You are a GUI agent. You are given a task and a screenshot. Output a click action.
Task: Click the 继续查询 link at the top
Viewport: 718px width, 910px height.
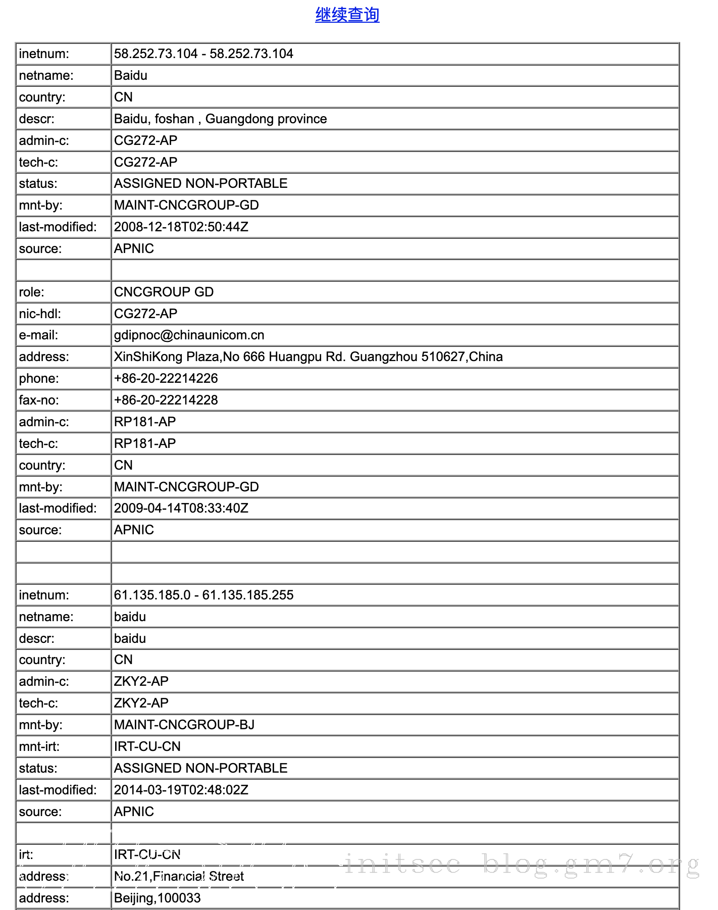347,15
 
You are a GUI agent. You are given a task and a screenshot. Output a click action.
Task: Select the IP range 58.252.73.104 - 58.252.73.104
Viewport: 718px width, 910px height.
203,54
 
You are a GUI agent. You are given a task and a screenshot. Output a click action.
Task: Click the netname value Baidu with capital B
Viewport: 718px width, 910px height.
131,76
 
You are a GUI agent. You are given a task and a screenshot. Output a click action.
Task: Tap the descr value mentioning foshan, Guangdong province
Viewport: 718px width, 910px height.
220,119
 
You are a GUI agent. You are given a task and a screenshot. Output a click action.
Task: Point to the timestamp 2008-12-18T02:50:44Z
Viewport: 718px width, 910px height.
181,227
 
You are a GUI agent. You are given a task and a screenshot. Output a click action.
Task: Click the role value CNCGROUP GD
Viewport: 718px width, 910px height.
164,292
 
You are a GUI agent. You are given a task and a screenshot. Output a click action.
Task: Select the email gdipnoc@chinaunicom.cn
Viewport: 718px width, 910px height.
189,335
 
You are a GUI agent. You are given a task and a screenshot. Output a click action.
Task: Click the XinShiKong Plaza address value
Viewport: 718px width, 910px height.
308,357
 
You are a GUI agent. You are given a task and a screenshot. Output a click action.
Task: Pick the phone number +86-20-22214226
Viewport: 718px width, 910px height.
166,379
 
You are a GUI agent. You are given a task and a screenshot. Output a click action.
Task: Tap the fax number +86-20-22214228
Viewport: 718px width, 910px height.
166,400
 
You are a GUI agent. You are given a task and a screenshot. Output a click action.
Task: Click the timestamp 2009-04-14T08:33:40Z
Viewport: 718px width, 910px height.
181,509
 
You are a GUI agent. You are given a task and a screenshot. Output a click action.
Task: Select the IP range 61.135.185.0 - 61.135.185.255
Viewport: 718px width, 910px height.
203,595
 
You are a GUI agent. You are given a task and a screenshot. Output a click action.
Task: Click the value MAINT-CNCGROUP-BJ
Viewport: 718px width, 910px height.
184,725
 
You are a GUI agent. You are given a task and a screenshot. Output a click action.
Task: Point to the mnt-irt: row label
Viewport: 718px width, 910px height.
39,747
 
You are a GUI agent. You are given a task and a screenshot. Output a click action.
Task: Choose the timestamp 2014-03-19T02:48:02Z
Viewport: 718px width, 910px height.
181,790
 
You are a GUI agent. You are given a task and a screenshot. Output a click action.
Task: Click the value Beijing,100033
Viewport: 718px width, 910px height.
157,898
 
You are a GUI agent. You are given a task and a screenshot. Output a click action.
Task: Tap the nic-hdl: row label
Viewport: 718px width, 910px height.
40,314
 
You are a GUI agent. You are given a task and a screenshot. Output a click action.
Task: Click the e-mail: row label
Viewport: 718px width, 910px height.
38,335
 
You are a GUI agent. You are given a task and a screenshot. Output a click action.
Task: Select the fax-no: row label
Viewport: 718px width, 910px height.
39,400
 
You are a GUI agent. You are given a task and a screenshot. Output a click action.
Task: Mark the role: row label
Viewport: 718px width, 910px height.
31,292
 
